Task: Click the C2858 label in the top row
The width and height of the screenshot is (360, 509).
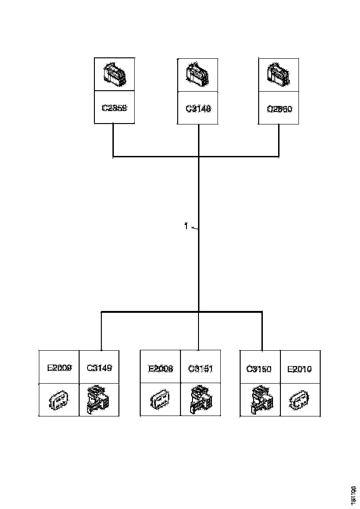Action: pos(114,108)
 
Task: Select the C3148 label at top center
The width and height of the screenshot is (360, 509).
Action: pos(199,109)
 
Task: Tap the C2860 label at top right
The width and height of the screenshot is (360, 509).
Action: pos(279,109)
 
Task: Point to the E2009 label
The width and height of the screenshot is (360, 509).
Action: pos(59,369)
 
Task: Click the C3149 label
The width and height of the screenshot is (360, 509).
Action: pos(99,369)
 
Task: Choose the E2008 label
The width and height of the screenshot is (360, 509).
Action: pos(161,369)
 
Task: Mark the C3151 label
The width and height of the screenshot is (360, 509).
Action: pos(201,369)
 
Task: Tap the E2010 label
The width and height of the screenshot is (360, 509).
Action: pos(300,369)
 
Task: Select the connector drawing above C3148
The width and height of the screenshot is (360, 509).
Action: pos(198,74)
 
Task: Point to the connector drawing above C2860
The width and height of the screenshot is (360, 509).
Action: pos(279,74)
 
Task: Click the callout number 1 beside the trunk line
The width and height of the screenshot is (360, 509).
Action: pos(186,226)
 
